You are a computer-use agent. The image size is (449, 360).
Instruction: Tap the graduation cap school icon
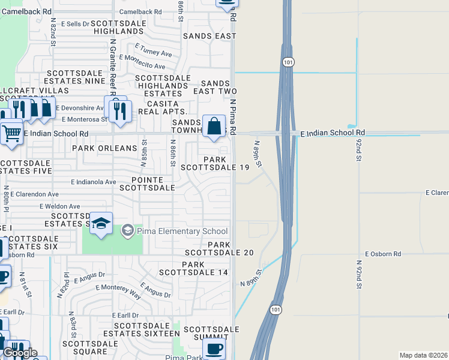tap(101, 224)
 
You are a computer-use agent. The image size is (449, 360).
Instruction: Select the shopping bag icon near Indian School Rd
tap(214, 127)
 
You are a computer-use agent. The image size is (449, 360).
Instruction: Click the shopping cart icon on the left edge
tap(11, 134)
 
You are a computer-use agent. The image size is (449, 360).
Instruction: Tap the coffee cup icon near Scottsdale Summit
tap(214, 347)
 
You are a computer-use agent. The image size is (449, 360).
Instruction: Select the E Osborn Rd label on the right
tap(382, 254)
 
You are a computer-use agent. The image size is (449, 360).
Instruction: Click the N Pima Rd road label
tap(232, 117)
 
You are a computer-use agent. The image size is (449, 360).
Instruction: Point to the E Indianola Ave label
tap(93, 182)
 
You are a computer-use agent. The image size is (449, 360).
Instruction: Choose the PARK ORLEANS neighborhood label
tap(104, 148)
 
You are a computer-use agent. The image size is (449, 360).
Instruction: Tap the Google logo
tap(19, 353)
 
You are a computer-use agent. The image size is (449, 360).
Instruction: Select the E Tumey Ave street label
tap(153, 50)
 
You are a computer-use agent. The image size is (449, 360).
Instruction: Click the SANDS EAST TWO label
tap(219, 87)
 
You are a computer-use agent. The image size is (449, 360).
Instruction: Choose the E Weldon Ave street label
tap(60, 206)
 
